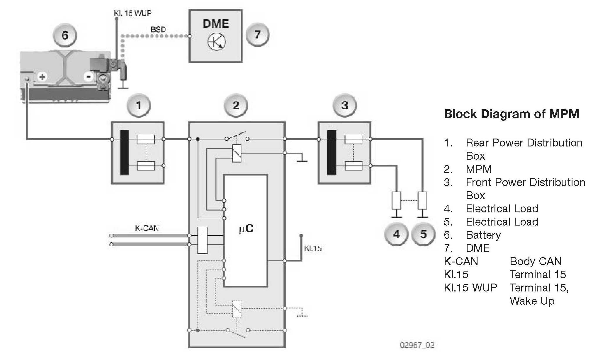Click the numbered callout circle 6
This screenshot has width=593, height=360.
coord(65,36)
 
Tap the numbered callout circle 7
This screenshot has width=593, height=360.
coord(257,35)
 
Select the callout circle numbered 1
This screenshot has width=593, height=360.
coord(139,105)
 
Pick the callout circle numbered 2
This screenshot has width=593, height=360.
coord(236,105)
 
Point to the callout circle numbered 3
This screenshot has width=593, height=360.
coord(345,105)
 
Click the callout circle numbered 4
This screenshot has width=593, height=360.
coord(396,234)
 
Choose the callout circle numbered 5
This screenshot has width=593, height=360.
coord(423,234)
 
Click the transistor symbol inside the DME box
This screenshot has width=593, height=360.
coord(217,42)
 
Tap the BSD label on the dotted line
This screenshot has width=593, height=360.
coord(158,30)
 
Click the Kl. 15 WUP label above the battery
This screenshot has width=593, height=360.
coord(132,13)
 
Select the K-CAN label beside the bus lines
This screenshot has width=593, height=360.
coord(147,228)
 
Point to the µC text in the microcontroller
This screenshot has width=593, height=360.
coord(246,228)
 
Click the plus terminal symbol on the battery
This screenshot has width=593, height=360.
coord(42,77)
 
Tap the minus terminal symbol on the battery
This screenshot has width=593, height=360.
coord(88,77)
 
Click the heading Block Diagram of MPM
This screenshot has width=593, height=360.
coord(512,114)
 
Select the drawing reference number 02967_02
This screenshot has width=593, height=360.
coord(417,345)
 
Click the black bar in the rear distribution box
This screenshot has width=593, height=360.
coord(124,152)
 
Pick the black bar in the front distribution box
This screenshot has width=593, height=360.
coord(332,152)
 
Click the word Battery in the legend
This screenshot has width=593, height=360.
coord(483,235)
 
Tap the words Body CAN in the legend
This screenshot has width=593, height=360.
coord(536,261)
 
